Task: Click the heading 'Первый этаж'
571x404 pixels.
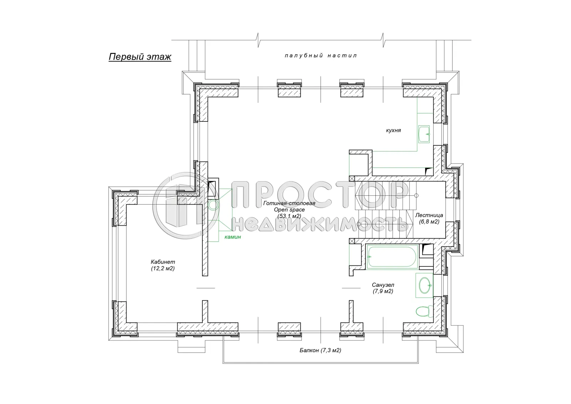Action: [140, 57]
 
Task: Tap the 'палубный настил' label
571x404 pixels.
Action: [321, 56]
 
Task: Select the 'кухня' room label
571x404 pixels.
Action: [393, 130]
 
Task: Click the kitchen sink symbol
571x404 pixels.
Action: [424, 134]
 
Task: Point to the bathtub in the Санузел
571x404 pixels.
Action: [392, 256]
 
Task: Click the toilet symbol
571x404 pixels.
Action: [424, 311]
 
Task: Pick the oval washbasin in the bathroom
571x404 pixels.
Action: [424, 285]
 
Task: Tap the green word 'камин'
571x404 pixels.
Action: [232, 237]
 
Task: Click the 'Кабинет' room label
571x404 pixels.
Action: [163, 262]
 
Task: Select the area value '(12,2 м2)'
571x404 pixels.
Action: [163, 269]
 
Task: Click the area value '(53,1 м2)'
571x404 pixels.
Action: [289, 216]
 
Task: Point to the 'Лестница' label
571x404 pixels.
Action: [429, 215]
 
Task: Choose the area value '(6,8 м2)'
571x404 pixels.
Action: [429, 222]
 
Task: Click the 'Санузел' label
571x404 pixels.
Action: [383, 285]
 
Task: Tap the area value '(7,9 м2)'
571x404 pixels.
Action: [383, 291]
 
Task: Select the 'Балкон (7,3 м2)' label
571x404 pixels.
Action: [320, 350]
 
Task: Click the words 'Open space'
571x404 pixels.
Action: [289, 210]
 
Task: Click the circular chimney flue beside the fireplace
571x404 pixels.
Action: [213, 205]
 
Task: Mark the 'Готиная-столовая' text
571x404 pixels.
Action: [289, 203]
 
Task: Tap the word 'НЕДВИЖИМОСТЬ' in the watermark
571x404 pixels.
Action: [320, 224]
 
